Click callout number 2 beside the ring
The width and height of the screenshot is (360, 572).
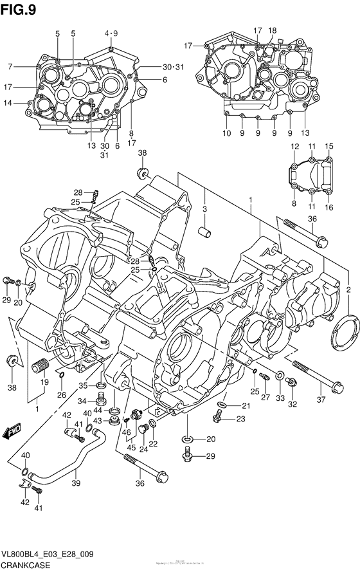(348, 288)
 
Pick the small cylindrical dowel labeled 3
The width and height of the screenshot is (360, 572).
(205, 231)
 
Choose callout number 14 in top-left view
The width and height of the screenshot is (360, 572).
(8, 103)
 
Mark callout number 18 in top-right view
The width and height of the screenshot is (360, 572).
(273, 30)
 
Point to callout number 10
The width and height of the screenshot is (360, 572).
(226, 134)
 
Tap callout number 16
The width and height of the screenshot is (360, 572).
(328, 208)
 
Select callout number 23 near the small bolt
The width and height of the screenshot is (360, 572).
(241, 420)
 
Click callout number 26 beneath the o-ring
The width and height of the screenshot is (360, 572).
(62, 394)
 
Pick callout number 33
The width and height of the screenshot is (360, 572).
(280, 399)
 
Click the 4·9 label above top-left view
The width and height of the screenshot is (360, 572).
(111, 33)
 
